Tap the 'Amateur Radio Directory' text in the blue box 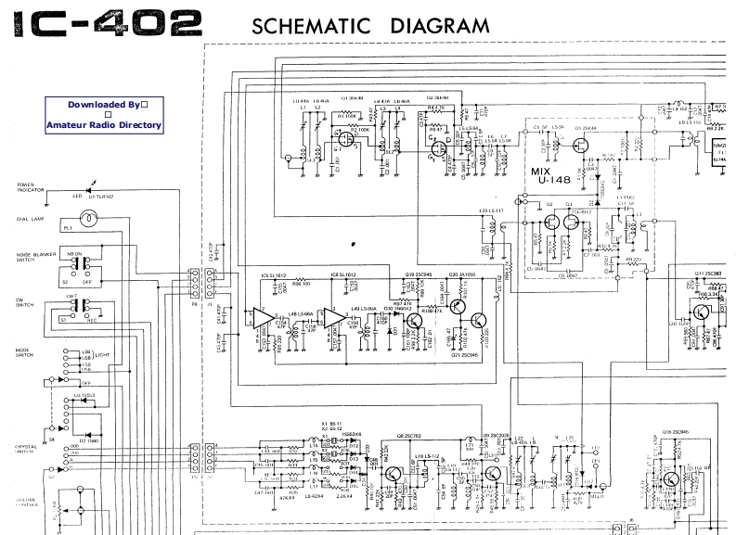click(x=103, y=125)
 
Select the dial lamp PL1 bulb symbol click(x=90, y=220)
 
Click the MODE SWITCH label click(x=25, y=355)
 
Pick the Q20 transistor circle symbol click(x=458, y=303)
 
